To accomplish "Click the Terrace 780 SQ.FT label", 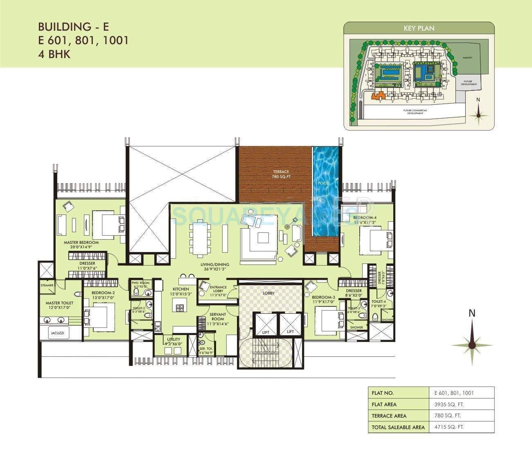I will [x=281, y=174].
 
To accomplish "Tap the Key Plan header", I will [x=419, y=28].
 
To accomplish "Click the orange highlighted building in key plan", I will [x=378, y=96].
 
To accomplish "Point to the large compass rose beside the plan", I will [x=472, y=344].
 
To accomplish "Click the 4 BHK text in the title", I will [x=54, y=54].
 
